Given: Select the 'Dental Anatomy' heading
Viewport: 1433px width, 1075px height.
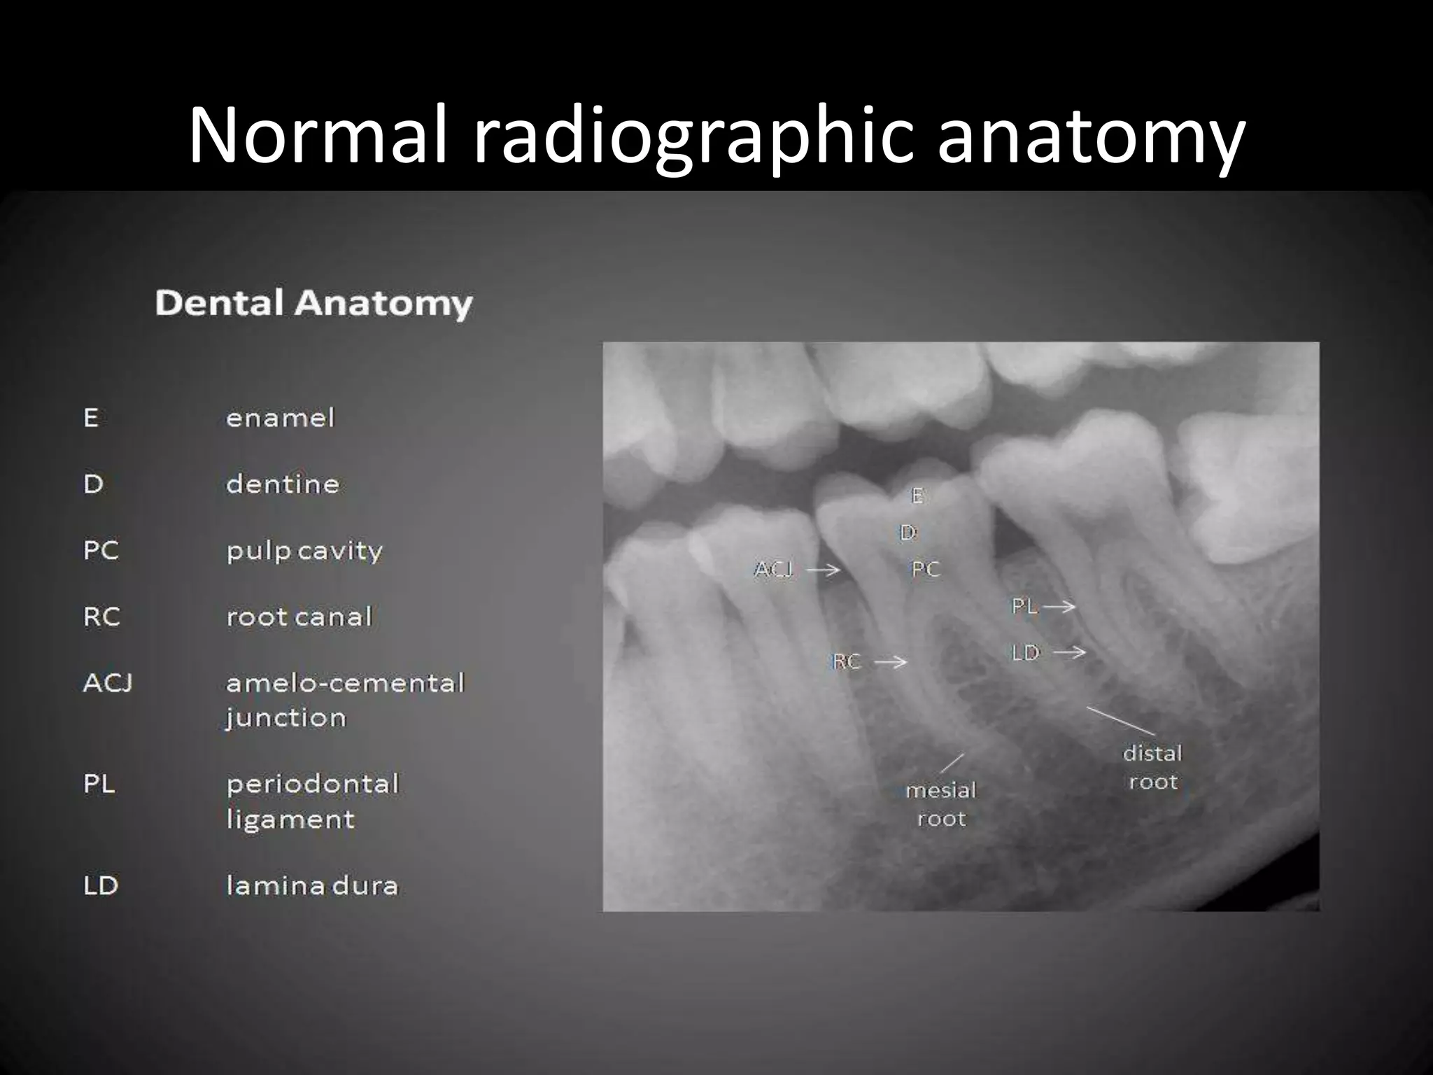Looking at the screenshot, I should click(313, 304).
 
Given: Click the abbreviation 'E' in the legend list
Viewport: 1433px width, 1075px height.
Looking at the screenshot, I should click(91, 418).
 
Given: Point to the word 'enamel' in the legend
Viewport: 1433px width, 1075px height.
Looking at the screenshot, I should click(281, 418).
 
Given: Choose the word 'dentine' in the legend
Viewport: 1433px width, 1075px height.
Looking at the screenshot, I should click(283, 484).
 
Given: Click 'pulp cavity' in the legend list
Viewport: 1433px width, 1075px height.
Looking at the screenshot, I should click(304, 551).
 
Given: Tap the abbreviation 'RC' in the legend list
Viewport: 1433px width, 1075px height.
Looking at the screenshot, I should click(101, 617).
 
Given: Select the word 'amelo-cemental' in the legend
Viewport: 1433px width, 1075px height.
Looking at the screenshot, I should click(345, 682).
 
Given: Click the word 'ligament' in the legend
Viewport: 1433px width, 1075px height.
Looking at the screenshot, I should click(290, 819).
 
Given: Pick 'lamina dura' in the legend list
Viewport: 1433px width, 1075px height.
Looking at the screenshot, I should click(312, 885).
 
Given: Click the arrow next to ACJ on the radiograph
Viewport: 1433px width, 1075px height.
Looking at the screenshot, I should click(823, 570).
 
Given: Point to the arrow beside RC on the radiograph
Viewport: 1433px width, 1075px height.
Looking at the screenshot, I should click(891, 661).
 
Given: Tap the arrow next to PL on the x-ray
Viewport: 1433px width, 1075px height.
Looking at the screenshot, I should click(1059, 606).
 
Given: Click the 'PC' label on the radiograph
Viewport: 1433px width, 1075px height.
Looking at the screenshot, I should click(925, 570).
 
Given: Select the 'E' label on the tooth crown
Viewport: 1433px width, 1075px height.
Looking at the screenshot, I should click(917, 496).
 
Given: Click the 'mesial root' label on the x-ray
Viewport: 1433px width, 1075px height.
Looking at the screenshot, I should click(941, 804).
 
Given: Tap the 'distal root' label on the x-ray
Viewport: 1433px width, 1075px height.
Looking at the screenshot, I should click(1152, 767).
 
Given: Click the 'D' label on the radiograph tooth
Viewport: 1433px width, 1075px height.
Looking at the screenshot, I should click(908, 533).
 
